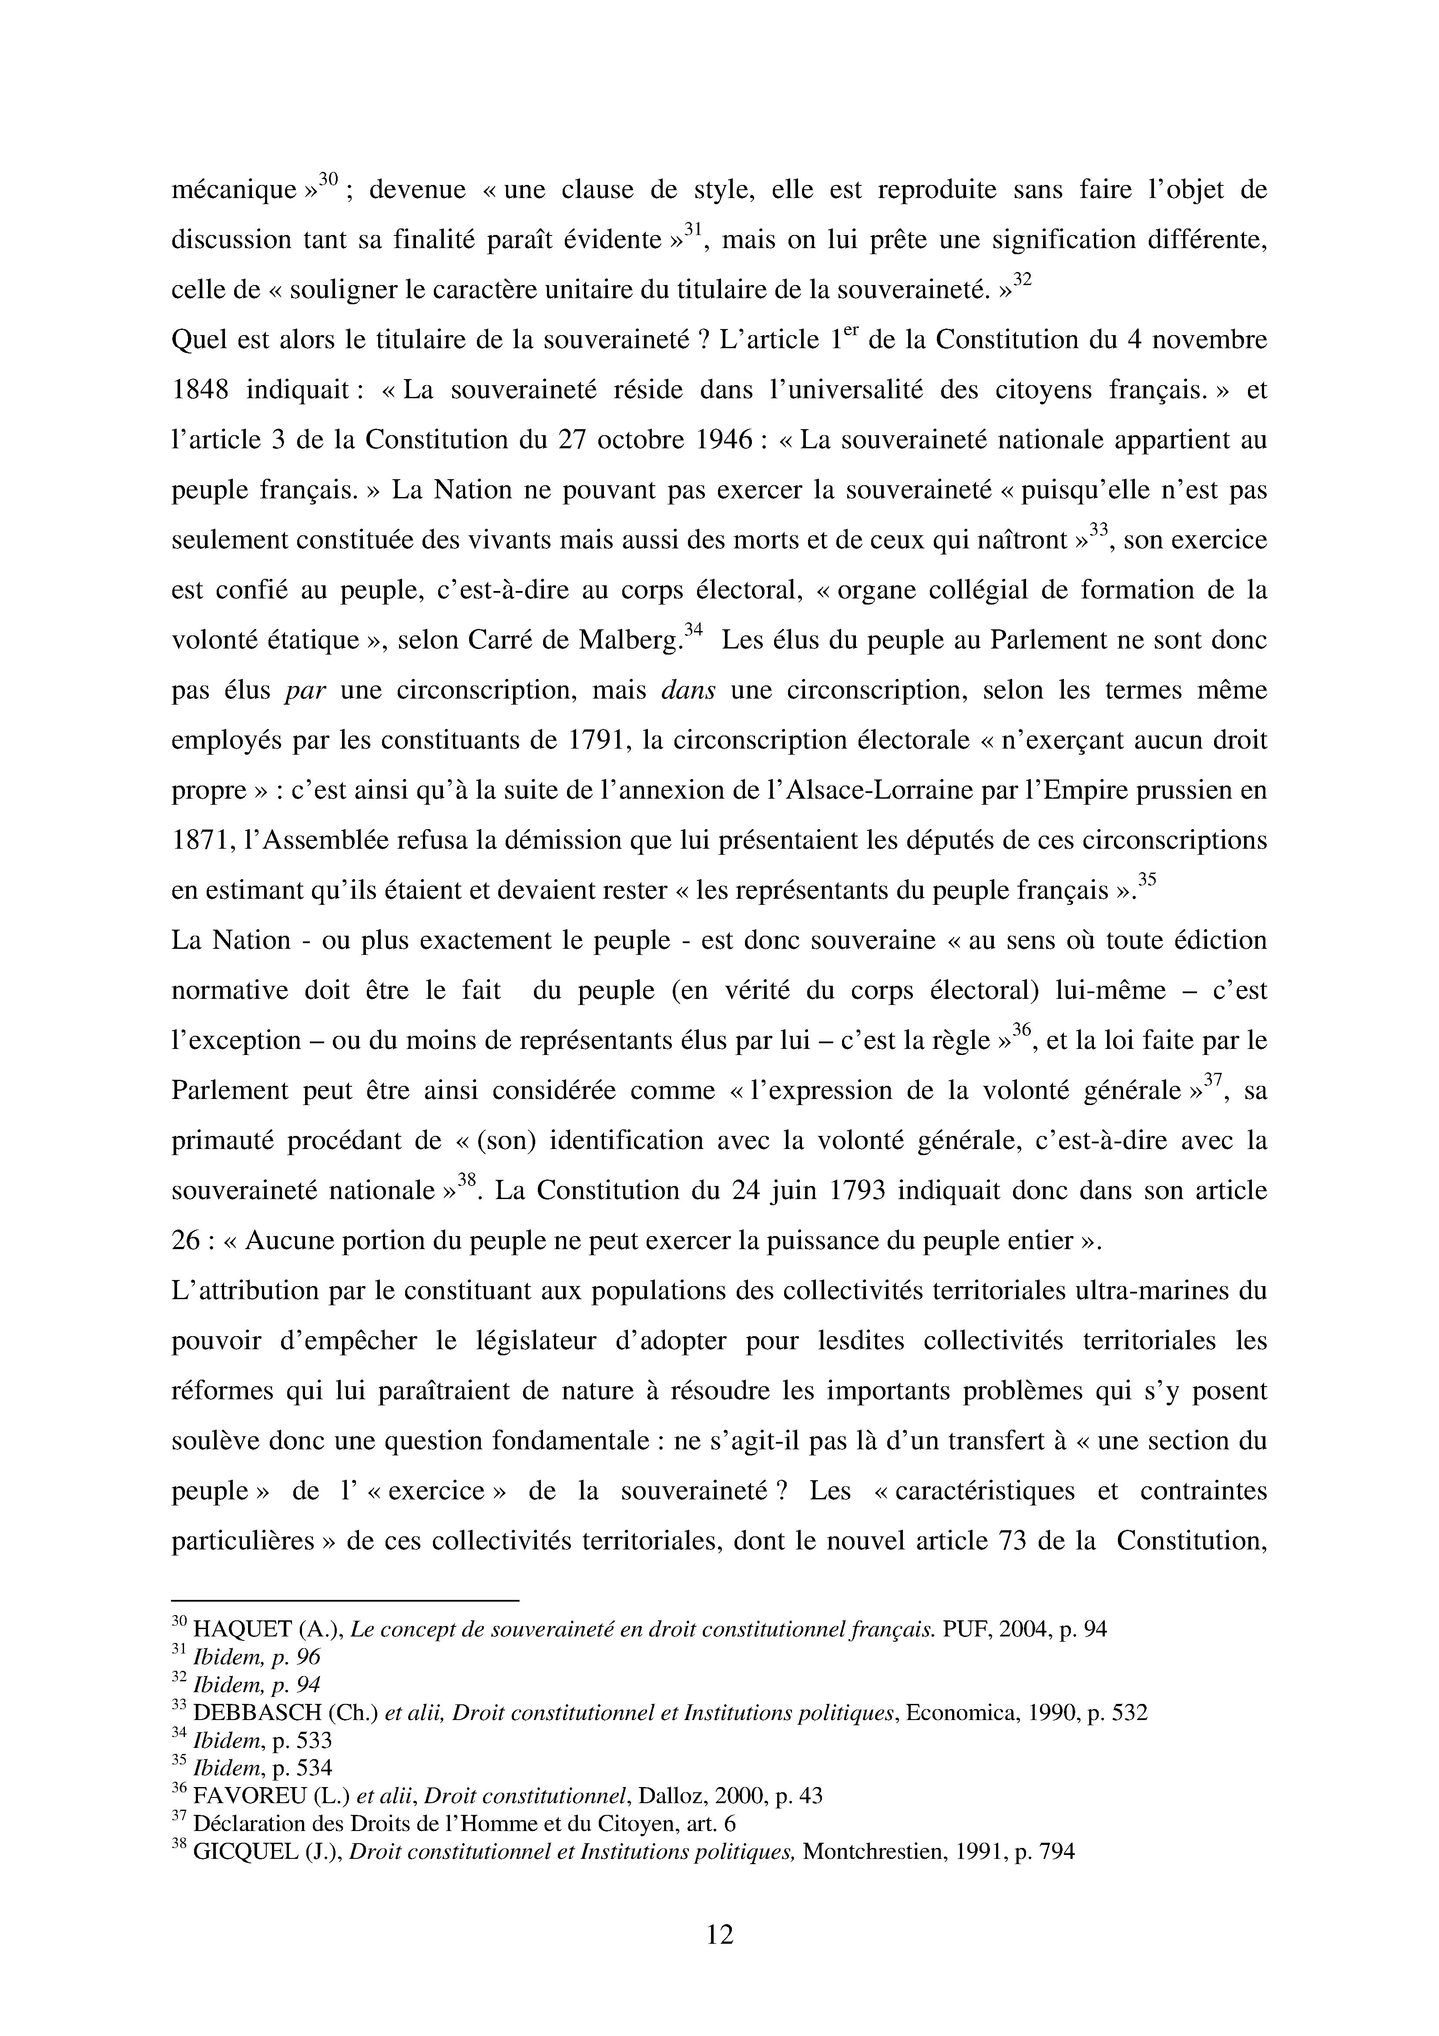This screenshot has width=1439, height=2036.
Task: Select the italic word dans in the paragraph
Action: coord(688,690)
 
